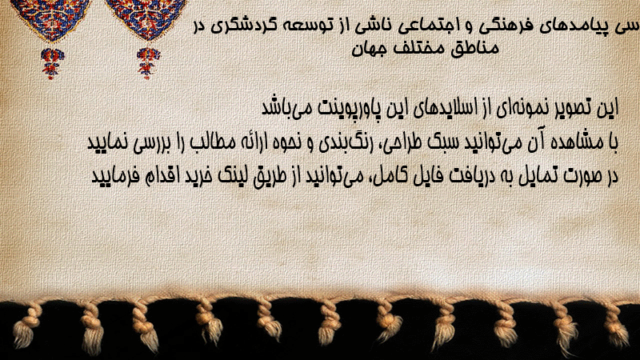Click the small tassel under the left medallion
point(51,63)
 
